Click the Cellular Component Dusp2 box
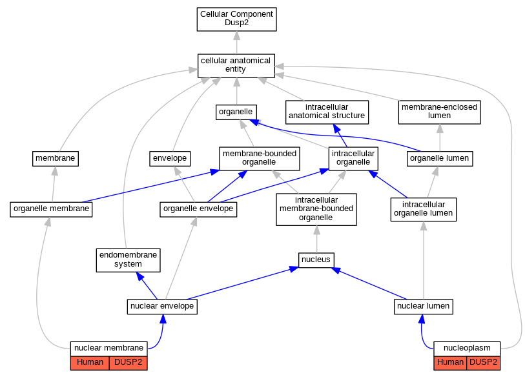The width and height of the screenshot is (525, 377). pos(237,19)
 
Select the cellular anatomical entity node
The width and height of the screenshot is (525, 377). pos(236,66)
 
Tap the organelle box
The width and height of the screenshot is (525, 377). pos(236,112)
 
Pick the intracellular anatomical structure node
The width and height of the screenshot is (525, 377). pos(327,112)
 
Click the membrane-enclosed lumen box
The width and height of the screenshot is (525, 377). pos(439,112)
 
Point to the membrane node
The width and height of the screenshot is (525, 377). pos(56,159)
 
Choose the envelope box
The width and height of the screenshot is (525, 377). pos(170,159)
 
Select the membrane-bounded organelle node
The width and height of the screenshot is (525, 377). pos(260,159)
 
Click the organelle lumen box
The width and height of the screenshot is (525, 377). pos(440,159)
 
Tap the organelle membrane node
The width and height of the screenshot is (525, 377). pos(51,209)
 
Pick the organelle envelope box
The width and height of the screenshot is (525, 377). pos(198,209)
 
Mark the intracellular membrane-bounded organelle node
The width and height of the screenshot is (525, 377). pos(316,209)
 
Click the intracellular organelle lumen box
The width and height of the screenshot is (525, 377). pos(423,210)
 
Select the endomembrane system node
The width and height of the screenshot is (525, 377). pos(129,260)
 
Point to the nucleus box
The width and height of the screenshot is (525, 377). pos(316,260)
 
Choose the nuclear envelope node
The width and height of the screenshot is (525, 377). pos(162,307)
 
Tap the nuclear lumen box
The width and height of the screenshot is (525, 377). pos(423,307)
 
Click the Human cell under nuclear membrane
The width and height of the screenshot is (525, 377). pos(90,363)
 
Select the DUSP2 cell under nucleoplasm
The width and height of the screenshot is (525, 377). pos(483,363)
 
